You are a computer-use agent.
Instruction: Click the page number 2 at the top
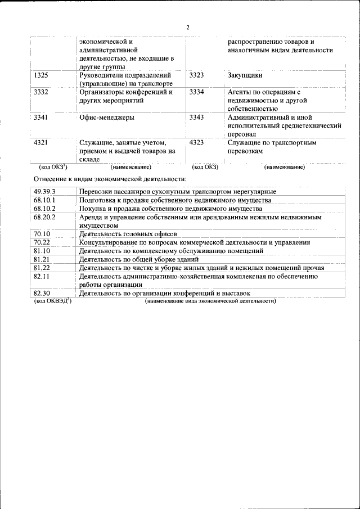188,28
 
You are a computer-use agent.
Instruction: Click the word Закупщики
245,75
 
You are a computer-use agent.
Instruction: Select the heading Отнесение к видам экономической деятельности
110,179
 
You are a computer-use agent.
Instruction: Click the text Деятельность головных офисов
128,234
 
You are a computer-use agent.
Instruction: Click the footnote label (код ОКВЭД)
53,301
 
